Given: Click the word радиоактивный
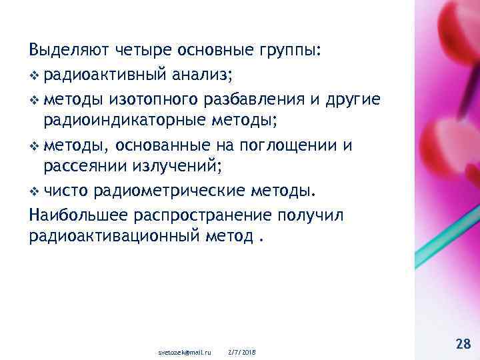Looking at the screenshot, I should (x=103, y=75).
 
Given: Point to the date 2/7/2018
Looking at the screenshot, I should (x=241, y=351).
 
